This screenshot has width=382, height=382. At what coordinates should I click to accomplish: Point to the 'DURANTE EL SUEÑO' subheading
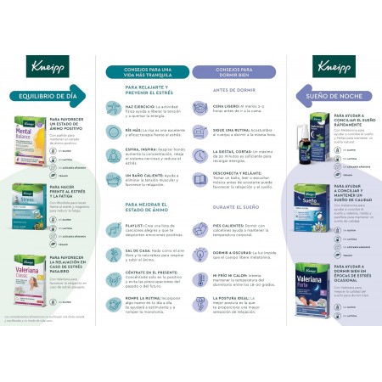(223, 207)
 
